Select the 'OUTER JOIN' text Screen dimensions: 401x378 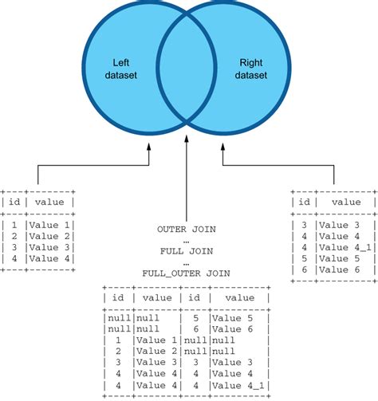coord(187,229)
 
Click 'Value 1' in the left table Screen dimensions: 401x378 coord(49,225)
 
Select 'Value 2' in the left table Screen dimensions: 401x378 coord(49,236)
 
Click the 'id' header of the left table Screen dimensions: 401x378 coord(14,202)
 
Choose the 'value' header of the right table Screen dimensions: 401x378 coord(345,202)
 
